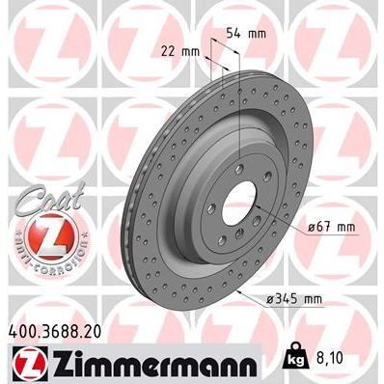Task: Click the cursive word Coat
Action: tap(41, 196)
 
